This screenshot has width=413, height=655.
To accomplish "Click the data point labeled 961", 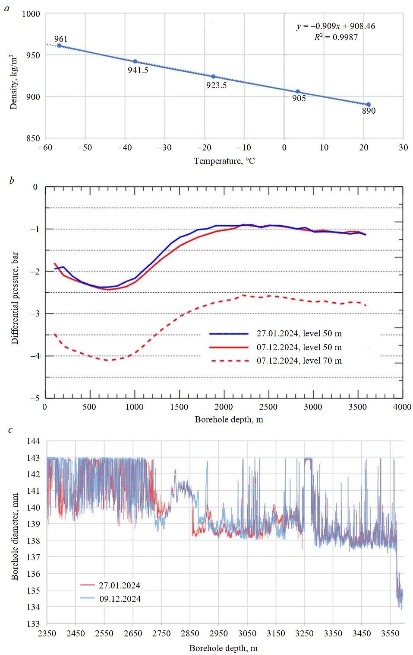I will tap(59, 45).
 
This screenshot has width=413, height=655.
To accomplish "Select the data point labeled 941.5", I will tap(135, 61).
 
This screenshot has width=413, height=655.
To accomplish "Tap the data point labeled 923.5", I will tap(213, 77).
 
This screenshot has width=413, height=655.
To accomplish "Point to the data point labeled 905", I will tap(298, 92).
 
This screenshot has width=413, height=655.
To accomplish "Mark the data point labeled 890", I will tap(369, 105).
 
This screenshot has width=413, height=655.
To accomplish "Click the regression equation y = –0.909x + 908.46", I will tap(336, 26).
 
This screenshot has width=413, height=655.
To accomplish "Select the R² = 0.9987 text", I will tap(336, 37).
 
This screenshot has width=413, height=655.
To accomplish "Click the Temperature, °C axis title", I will tap(224, 161).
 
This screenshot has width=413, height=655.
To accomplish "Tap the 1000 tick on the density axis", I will tap(31, 14).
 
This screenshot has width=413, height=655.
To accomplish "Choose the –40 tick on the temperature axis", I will tap(125, 147).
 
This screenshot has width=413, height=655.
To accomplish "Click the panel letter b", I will tap(12, 180).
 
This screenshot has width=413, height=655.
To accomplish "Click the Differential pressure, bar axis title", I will tap(15, 298).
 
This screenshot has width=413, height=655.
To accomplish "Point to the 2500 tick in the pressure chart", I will tap(268, 407).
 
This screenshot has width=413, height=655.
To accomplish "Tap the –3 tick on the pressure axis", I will tap(35, 313).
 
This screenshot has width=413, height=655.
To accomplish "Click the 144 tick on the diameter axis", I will tap(33, 441).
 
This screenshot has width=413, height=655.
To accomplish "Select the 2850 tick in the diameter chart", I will tap(190, 633).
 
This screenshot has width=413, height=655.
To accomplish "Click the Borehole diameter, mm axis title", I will tap(15, 537).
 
